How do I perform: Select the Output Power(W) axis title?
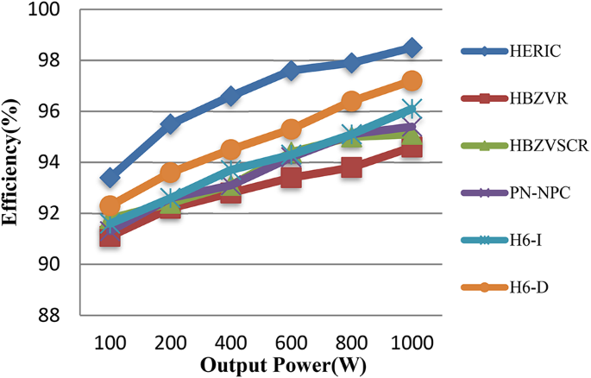coord(283,364)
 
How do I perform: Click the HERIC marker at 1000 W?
coord(412,47)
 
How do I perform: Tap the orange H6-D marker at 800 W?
coord(351,101)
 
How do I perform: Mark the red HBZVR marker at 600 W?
coord(291,178)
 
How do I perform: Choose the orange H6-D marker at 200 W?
coord(170,173)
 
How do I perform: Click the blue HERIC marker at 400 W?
coord(230,96)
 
